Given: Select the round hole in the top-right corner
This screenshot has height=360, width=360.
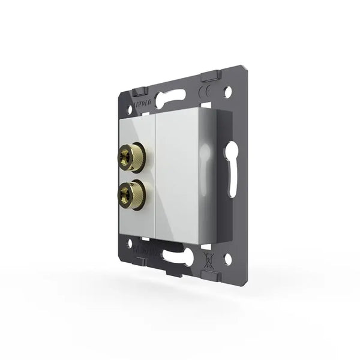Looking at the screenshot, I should tap(227, 94).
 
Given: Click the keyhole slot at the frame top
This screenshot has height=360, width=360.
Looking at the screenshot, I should tap(170, 96).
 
